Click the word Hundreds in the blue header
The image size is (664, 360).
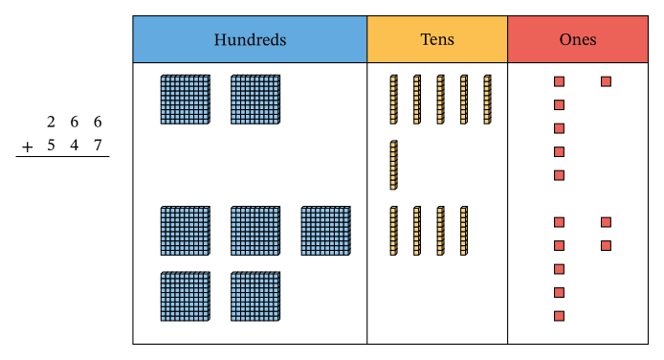point(250,40)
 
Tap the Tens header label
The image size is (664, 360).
point(437,40)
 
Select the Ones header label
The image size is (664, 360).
point(578,40)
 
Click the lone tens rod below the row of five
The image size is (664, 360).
point(393,165)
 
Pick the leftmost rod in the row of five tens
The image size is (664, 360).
point(393,100)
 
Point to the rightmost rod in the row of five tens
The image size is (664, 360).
point(487,100)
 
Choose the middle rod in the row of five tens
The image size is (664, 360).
point(440,100)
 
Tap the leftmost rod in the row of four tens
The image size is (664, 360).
point(393,231)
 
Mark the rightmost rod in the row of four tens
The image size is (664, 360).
point(463,231)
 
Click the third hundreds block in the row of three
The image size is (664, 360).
point(326,231)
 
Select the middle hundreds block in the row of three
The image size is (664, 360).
point(255,231)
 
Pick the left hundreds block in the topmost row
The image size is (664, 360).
point(185,100)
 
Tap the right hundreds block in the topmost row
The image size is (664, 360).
point(255,100)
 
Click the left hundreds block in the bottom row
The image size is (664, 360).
point(185,296)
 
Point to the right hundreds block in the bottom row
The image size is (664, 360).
point(255,296)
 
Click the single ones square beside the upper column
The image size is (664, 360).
point(606,81)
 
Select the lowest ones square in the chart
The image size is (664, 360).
point(559,316)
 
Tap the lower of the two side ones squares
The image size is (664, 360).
point(606,246)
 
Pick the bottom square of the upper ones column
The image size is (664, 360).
point(559,175)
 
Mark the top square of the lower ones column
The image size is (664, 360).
point(559,222)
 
